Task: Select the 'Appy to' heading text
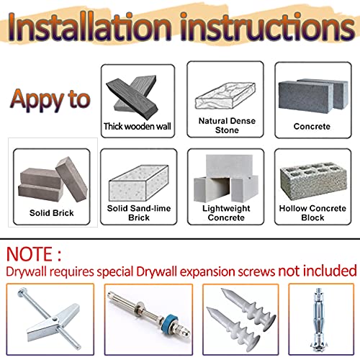[50, 99]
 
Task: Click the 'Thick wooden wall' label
[138, 126]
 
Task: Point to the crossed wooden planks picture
[132, 97]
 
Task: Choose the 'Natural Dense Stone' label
[227, 125]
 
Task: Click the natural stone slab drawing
[225, 96]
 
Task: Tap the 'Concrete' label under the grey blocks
[312, 126]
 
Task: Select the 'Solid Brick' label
[52, 213]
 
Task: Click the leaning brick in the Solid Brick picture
[71, 179]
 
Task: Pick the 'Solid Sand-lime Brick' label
[139, 213]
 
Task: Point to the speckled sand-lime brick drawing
[139, 183]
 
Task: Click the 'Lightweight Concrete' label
[226, 213]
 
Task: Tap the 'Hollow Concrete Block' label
[312, 213]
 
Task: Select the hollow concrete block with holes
[313, 181]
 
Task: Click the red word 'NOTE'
[30, 254]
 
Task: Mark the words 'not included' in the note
[318, 271]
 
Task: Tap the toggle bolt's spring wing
[53, 322]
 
